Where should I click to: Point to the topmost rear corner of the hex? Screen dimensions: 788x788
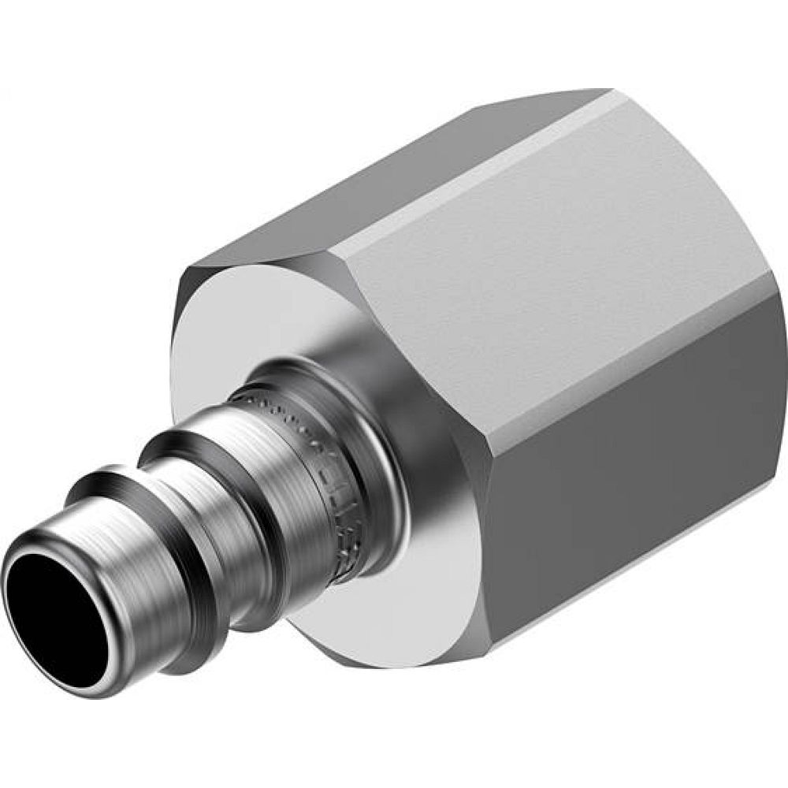(607, 90)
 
